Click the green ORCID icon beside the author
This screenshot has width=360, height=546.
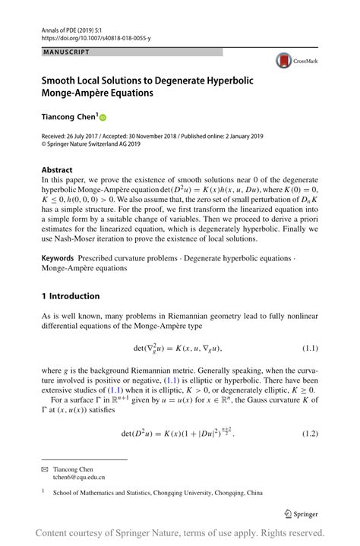tap(103, 118)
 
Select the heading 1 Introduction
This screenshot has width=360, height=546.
tap(71, 295)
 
